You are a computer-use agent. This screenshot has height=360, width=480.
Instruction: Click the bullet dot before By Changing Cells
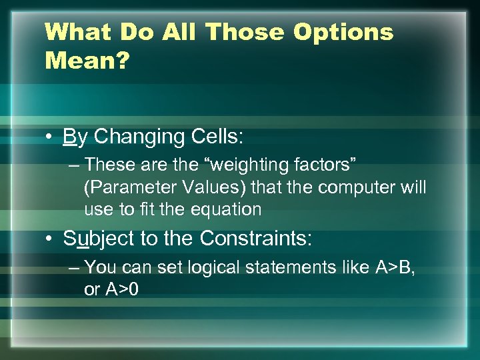click(51, 137)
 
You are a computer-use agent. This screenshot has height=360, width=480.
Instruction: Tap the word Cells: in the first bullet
click(215, 137)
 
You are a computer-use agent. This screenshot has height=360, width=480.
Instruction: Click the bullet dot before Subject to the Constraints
click(51, 238)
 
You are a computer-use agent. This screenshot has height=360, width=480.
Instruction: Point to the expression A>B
click(395, 267)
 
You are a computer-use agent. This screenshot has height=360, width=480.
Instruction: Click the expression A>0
click(120, 291)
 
